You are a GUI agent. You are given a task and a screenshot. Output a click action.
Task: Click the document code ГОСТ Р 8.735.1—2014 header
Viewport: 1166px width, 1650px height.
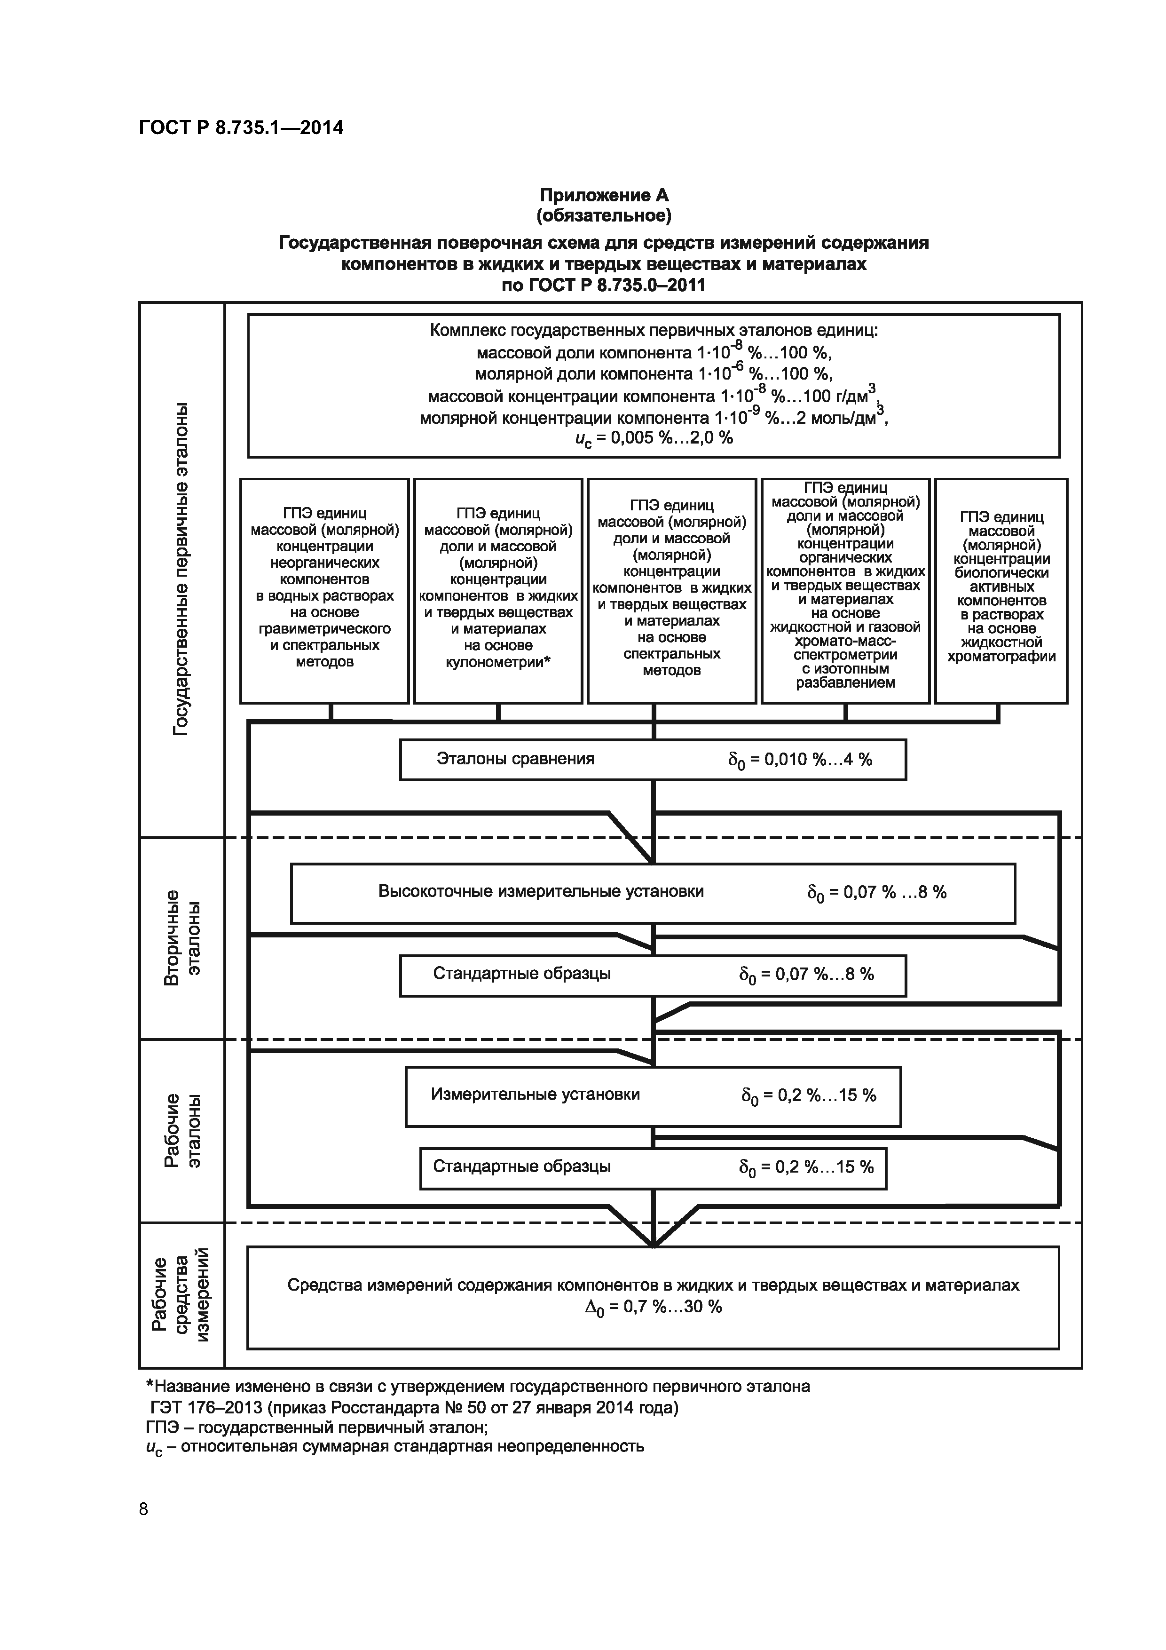point(241,128)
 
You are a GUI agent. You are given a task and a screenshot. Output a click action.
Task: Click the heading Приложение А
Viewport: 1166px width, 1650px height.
point(604,195)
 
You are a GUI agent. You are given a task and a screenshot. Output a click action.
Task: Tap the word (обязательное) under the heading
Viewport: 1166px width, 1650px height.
point(604,215)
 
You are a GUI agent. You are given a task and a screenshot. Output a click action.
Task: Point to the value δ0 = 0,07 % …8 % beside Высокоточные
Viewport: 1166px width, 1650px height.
point(876,893)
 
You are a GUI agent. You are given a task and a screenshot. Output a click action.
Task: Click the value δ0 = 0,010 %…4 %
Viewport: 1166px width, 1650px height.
point(800,760)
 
